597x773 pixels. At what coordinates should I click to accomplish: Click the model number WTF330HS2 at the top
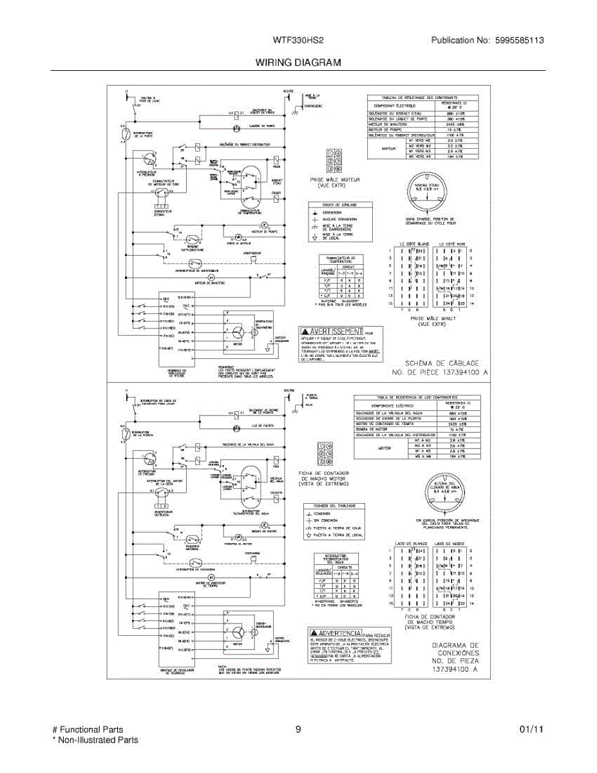pos(298,40)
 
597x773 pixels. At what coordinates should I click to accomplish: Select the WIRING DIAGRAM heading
pos(298,62)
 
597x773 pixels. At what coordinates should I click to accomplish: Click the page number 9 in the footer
pos(298,730)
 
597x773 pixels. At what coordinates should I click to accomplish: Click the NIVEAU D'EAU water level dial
pos(427,192)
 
